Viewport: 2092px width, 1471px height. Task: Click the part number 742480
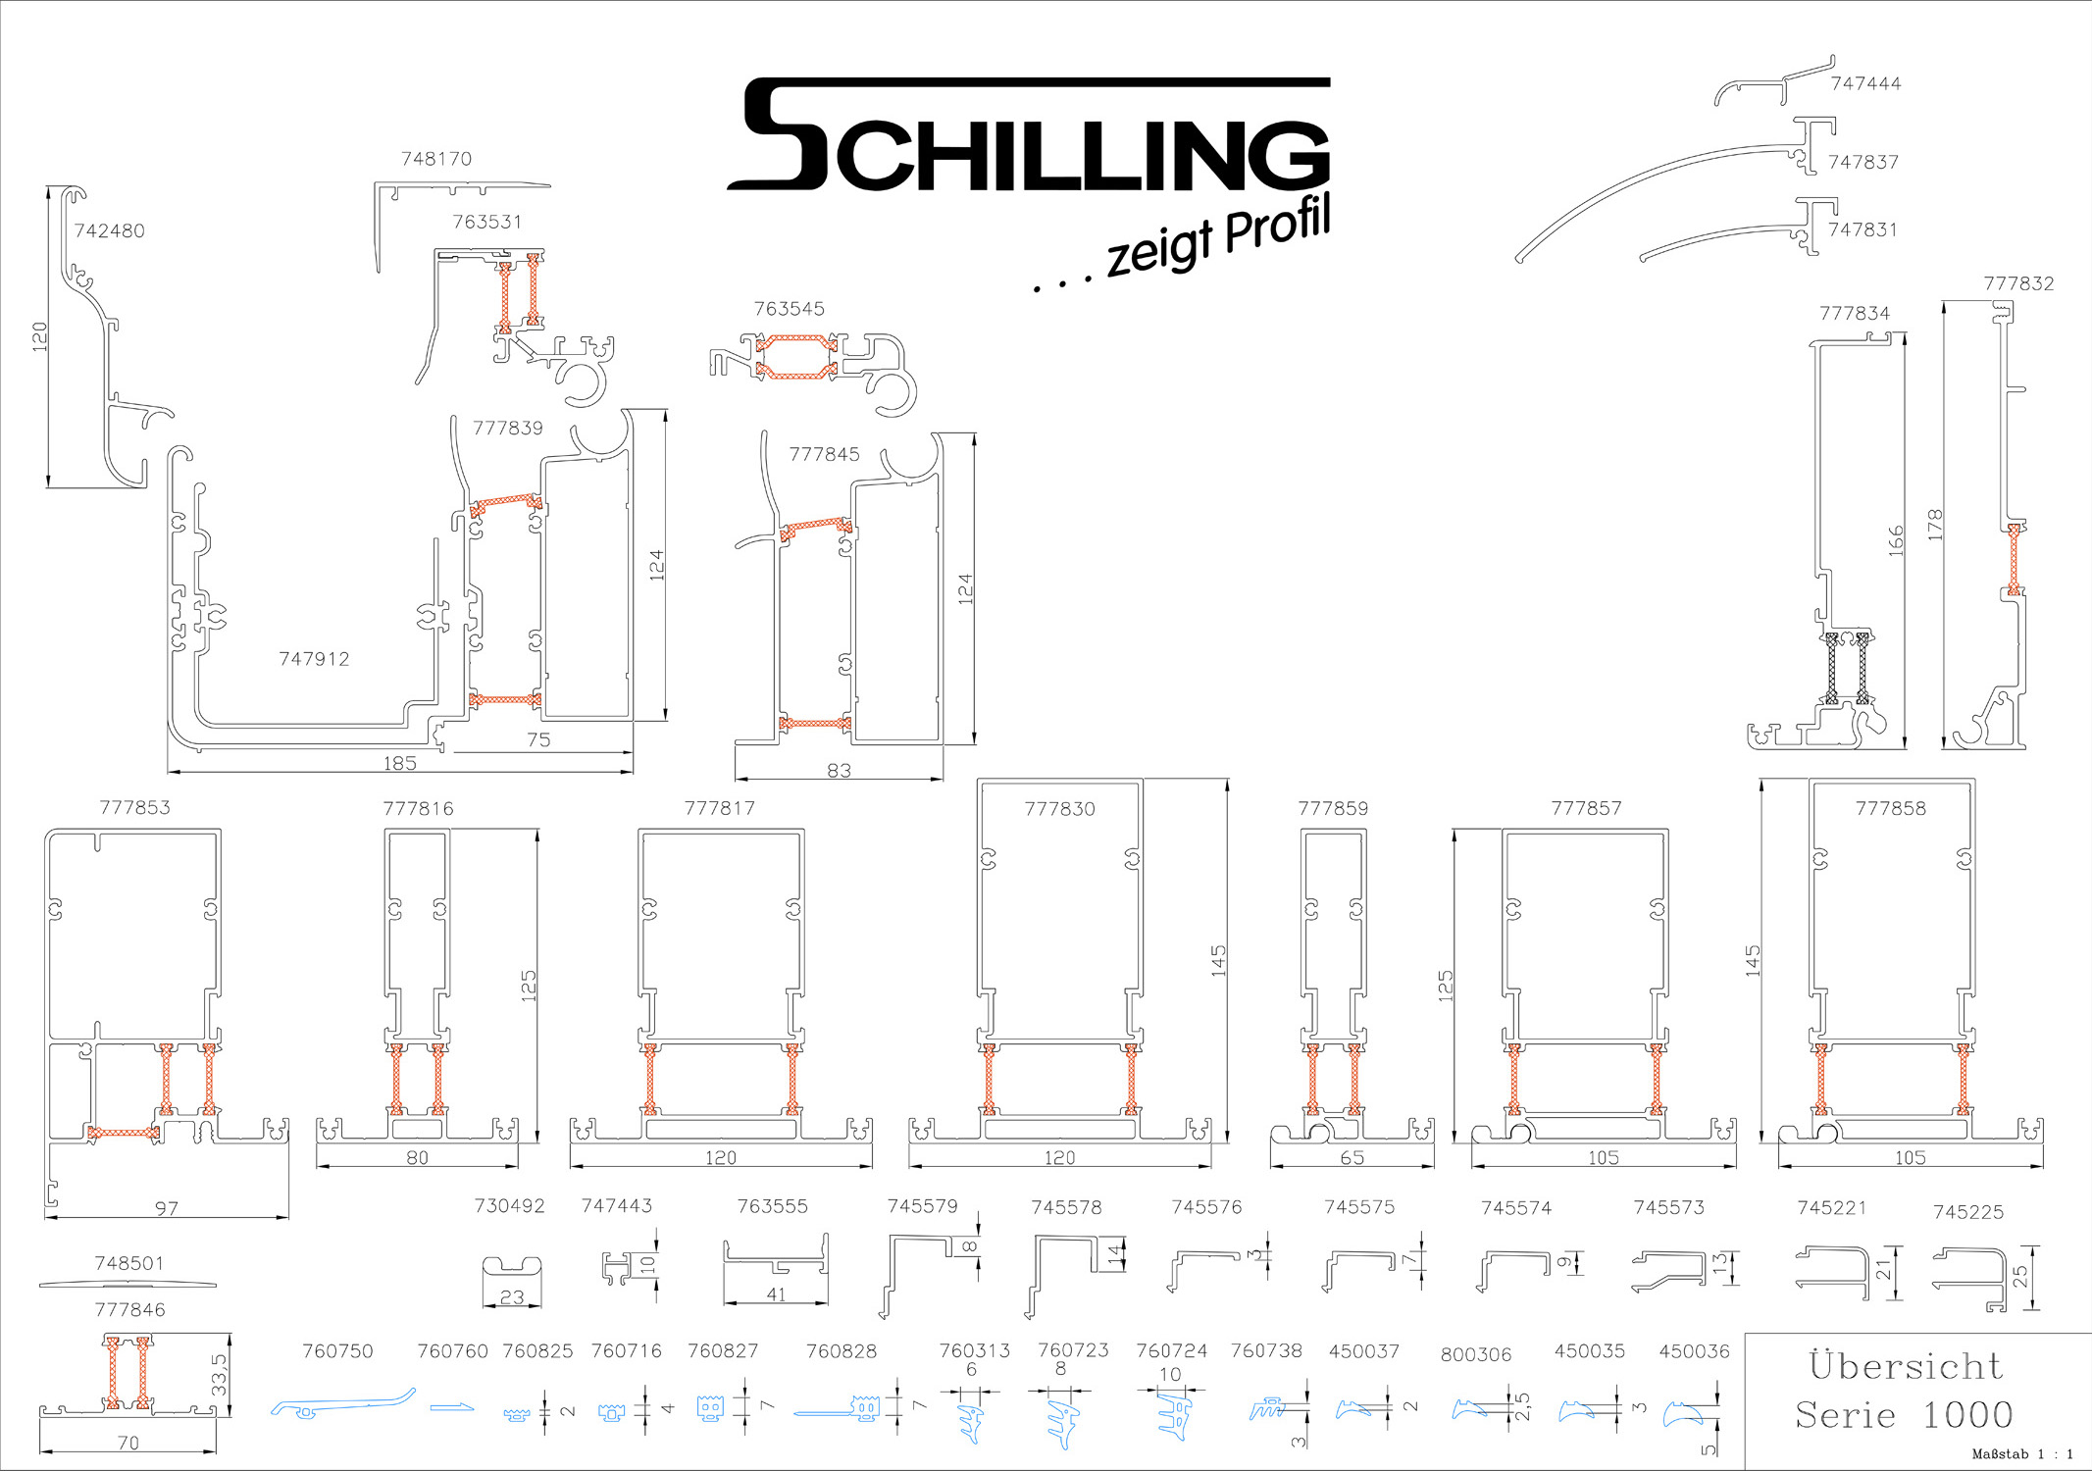click(x=110, y=231)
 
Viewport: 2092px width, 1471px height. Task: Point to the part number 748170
click(x=436, y=159)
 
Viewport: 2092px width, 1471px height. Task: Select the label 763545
click(x=790, y=309)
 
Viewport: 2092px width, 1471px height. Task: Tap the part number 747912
click(x=314, y=659)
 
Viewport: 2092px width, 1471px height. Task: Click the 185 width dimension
click(x=400, y=763)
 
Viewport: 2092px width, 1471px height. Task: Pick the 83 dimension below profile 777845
click(x=840, y=771)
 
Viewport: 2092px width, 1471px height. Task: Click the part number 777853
click(x=135, y=808)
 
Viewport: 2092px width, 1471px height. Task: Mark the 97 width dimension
click(x=167, y=1209)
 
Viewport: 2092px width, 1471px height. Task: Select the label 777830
click(x=1060, y=809)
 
